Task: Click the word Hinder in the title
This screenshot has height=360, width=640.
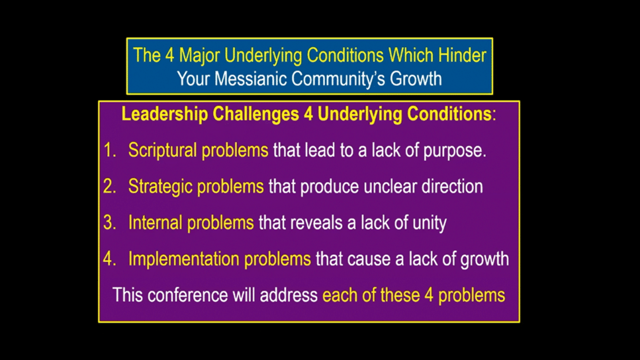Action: pos(462,55)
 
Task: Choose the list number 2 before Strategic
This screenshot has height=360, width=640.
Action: pos(109,187)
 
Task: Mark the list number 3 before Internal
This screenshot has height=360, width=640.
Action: pos(109,223)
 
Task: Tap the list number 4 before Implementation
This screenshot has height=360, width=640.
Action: pos(109,259)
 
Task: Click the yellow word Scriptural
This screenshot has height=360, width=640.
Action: pos(162,151)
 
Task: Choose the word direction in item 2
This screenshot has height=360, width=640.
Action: pos(452,187)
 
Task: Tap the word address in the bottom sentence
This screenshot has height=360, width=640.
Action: pos(289,295)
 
